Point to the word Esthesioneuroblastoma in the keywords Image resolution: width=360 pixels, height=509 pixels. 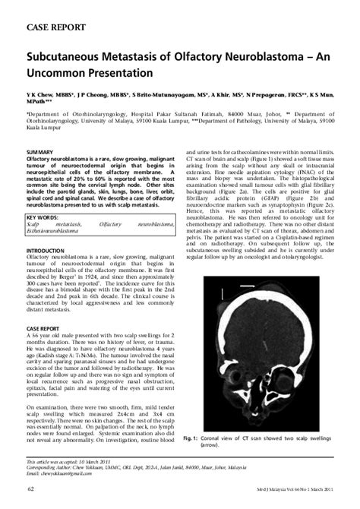[62, 210]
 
